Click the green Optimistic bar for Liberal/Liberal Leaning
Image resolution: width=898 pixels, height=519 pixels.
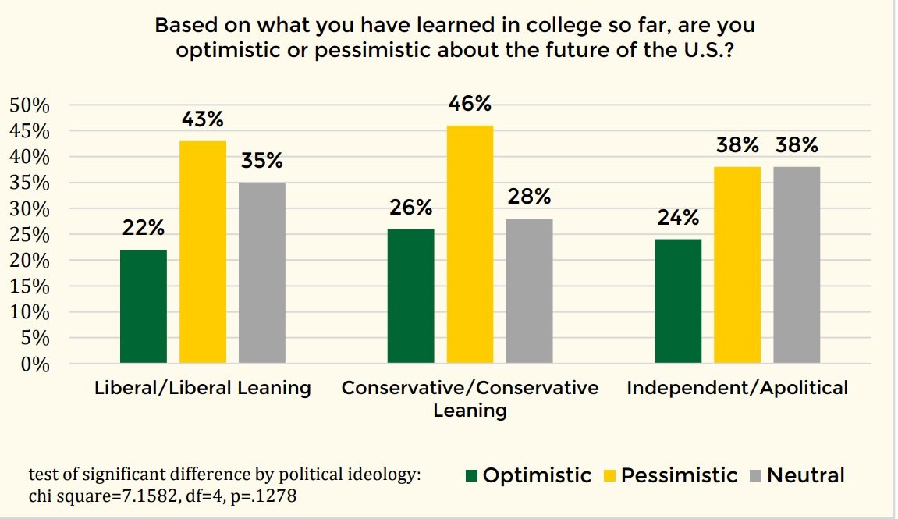tap(144, 306)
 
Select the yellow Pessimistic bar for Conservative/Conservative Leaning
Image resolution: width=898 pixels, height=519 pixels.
tap(470, 244)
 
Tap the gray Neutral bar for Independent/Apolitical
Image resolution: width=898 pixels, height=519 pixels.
tap(797, 265)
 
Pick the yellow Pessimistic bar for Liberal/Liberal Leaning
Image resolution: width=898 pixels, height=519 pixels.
tap(203, 251)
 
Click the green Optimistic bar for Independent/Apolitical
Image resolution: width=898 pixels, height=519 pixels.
tap(678, 300)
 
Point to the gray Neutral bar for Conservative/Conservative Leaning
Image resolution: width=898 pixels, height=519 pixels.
tap(529, 290)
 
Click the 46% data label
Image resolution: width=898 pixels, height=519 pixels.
tap(470, 104)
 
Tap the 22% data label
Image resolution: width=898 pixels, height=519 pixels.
tap(144, 228)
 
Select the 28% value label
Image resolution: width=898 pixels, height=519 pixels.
tap(529, 197)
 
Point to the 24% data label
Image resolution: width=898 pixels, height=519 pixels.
tap(678, 218)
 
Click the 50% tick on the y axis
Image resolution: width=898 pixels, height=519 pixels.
tap(29, 106)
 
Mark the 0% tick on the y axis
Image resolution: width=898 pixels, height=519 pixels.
tap(34, 364)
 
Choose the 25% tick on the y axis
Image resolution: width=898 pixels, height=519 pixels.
tap(29, 235)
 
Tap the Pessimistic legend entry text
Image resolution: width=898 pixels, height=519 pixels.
tap(679, 475)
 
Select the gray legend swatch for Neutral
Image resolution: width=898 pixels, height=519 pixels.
tap(755, 476)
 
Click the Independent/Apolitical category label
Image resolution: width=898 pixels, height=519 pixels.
tap(737, 388)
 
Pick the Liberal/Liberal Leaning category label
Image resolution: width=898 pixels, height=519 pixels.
tap(202, 388)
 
